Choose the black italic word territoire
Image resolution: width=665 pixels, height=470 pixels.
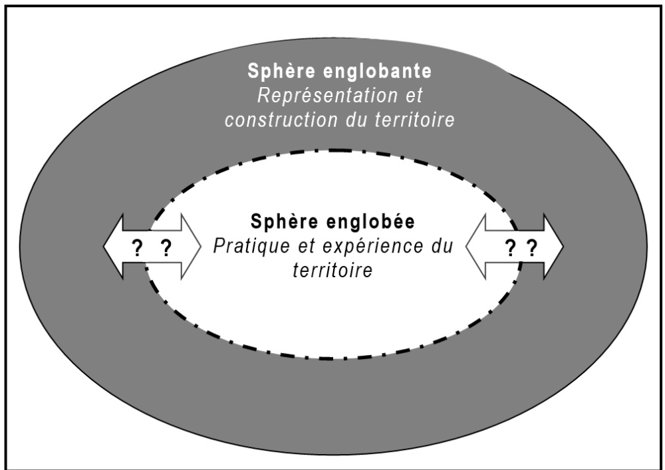pyautogui.click(x=332, y=271)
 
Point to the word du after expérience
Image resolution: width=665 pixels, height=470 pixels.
pyautogui.click(x=442, y=247)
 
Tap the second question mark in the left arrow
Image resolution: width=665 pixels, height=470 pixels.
pyautogui.click(x=166, y=248)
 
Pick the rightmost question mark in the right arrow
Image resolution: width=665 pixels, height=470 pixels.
pyautogui.click(x=531, y=248)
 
